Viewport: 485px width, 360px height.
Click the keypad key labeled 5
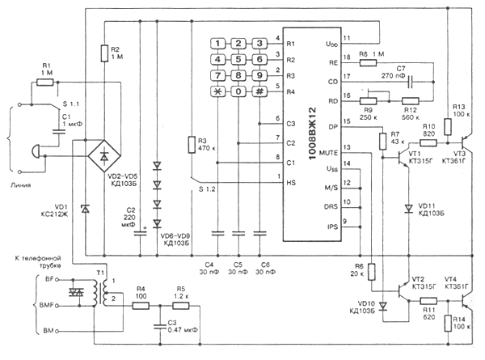coord(239,60)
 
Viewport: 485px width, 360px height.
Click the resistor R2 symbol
coord(103,54)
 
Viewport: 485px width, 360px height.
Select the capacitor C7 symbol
coord(411,81)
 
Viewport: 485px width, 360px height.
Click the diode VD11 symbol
coord(407,207)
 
